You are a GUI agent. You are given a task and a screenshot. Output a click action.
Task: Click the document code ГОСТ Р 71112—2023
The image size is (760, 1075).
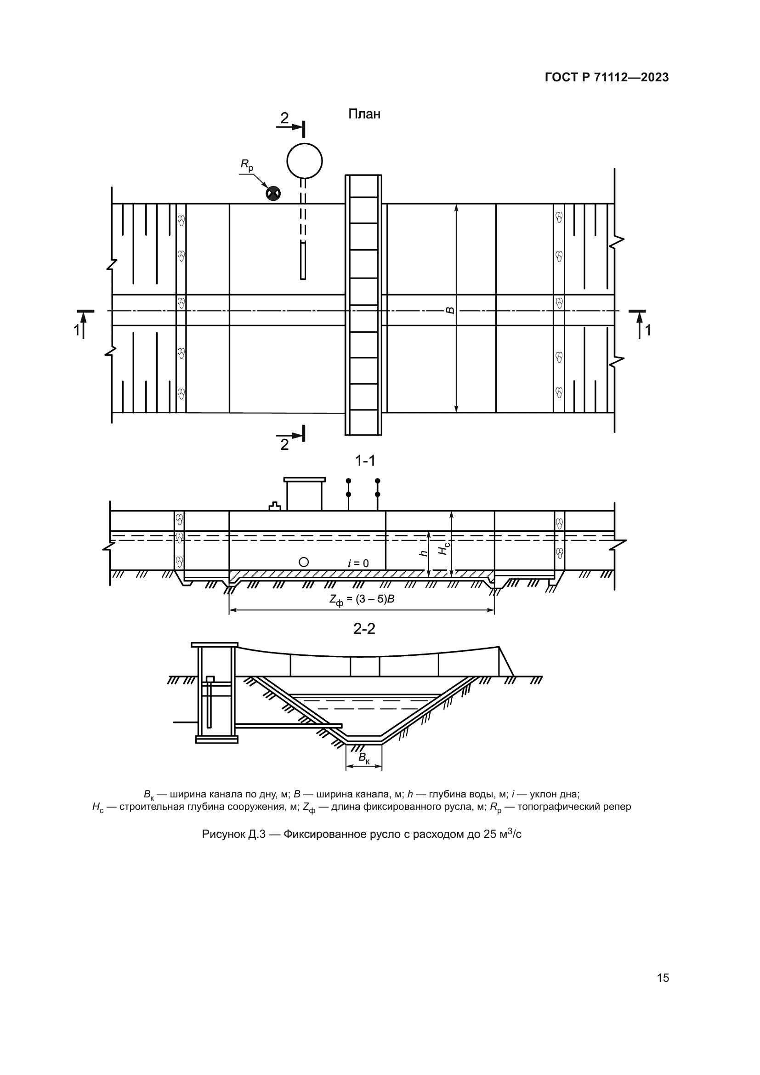tap(607, 78)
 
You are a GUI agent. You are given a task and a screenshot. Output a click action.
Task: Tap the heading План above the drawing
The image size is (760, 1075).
tap(364, 114)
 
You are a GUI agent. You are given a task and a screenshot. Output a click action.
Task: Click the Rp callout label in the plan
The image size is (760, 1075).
tap(247, 165)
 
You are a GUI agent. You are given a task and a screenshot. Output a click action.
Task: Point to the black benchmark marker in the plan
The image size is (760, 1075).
tap(273, 193)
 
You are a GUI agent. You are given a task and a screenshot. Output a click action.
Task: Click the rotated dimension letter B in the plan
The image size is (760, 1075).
tap(450, 310)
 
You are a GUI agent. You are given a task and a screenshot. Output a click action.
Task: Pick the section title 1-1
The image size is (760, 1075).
tap(365, 461)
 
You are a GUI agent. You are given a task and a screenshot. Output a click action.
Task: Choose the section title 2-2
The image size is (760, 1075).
tap(364, 629)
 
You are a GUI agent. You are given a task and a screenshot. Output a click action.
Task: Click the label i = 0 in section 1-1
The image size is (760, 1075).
tap(358, 563)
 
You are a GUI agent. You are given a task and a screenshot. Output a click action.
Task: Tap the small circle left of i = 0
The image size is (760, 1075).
tap(304, 562)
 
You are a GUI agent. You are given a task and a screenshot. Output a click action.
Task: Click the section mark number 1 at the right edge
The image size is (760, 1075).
tap(648, 330)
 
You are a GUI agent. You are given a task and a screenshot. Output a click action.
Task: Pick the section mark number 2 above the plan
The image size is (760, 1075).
tap(284, 119)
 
